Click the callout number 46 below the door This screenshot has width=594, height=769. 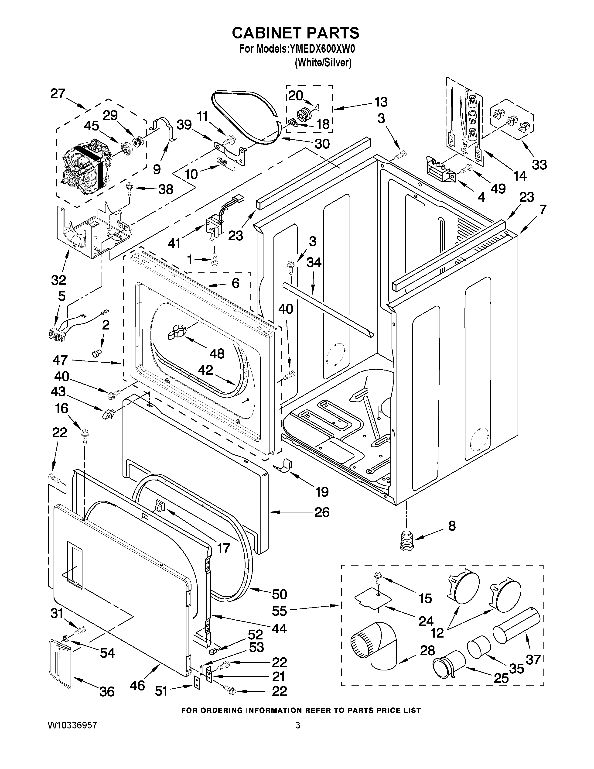pyautogui.click(x=137, y=685)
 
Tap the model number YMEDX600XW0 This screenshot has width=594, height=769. pyautogui.click(x=322, y=49)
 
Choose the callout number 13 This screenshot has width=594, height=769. pyautogui.click(x=381, y=102)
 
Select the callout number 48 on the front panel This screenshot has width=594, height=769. pyautogui.click(x=217, y=353)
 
